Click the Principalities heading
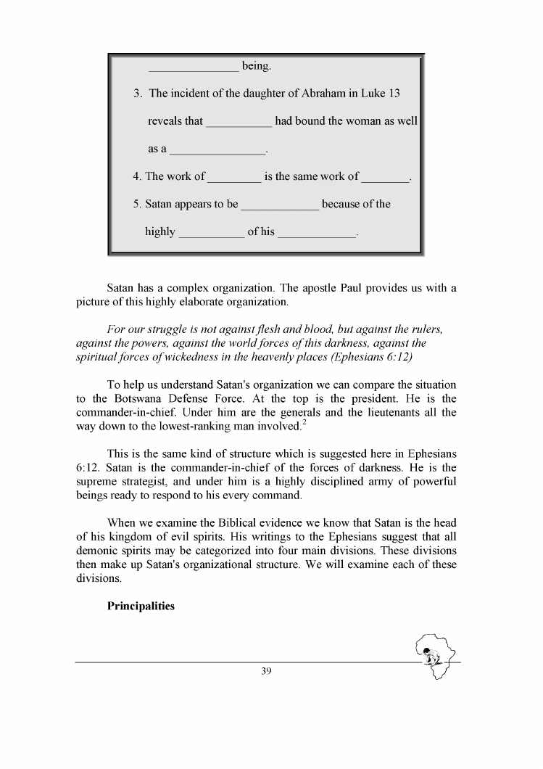click(x=141, y=606)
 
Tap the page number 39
click(x=265, y=672)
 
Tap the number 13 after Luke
click(x=393, y=94)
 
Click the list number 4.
click(x=137, y=176)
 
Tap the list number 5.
click(x=137, y=204)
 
